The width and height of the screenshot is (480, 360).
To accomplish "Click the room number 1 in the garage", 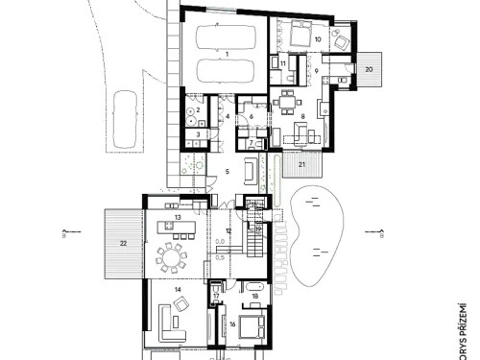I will [x=227, y=56].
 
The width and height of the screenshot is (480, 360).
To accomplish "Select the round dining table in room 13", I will [x=173, y=257].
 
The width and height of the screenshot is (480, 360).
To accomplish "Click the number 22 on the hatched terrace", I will [x=122, y=244].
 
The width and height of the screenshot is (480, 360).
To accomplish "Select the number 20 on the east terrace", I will [x=369, y=69].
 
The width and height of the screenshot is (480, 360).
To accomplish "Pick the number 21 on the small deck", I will [x=301, y=165].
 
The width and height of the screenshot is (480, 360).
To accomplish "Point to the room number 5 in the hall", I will [x=228, y=171].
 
